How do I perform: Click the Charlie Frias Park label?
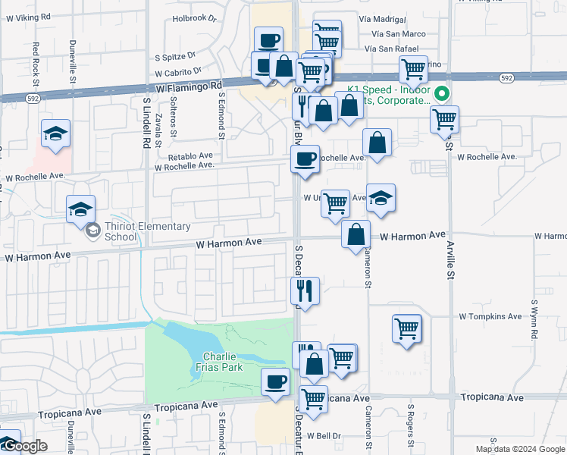point(222,362)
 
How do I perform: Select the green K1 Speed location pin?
point(445,95)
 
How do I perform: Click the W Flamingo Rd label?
point(190,88)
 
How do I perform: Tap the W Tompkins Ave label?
point(490,316)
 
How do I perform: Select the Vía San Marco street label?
point(399,34)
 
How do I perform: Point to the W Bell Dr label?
point(325,436)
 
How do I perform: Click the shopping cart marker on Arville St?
point(444,119)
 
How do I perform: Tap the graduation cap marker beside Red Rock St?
point(56,134)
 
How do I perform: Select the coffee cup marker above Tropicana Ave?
point(275,381)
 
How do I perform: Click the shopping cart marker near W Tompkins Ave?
point(407,328)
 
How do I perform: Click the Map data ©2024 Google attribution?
point(520,449)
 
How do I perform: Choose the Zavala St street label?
point(158,128)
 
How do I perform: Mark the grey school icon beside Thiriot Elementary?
point(92,230)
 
